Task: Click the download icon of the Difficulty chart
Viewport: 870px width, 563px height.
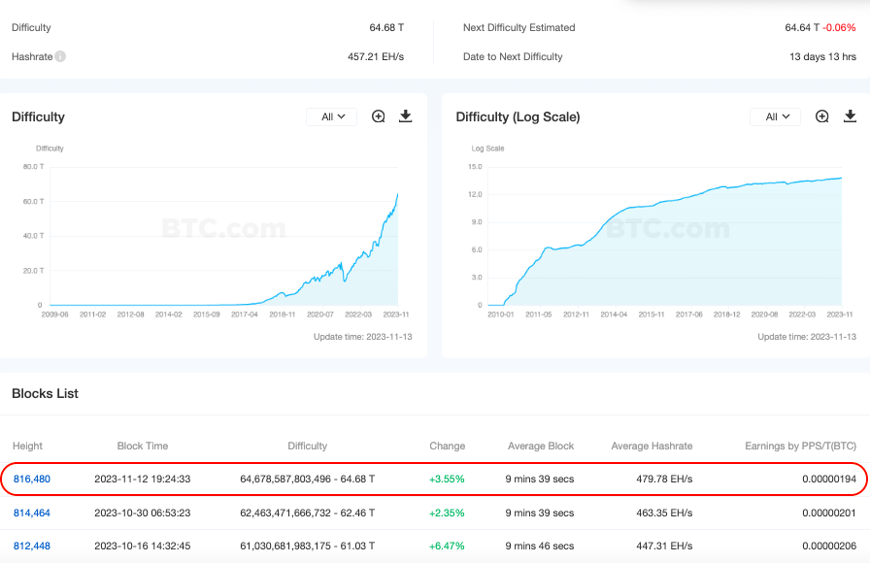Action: click(x=406, y=116)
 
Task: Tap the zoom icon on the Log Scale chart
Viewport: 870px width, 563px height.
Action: click(x=822, y=116)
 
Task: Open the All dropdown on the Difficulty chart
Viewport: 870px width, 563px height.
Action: click(x=332, y=116)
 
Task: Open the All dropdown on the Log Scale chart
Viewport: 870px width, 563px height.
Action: click(x=775, y=116)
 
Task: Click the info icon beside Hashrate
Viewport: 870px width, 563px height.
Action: click(x=60, y=57)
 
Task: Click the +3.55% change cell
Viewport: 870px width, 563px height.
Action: click(x=447, y=479)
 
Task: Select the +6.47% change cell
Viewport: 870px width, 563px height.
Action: click(x=447, y=546)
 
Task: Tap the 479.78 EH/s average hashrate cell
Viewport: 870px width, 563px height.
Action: click(x=652, y=479)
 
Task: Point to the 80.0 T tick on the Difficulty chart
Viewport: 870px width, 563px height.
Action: click(x=32, y=167)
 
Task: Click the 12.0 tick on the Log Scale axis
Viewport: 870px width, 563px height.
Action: click(x=475, y=194)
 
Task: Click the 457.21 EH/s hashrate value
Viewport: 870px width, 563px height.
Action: click(x=375, y=57)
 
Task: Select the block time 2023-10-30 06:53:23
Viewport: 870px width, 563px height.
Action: click(x=142, y=513)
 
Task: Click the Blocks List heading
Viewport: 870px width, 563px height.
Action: click(x=45, y=393)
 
